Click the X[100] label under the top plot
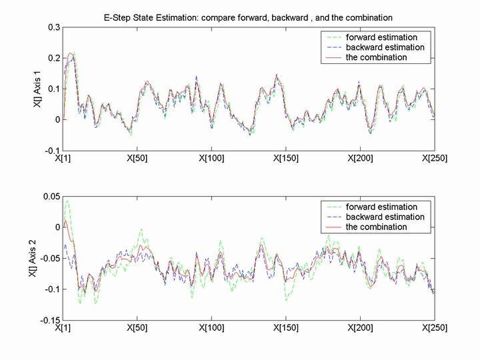click(211, 159)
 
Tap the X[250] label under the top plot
click(434, 159)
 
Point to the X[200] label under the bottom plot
click(360, 328)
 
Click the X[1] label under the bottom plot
click(65, 328)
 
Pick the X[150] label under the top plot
click(286, 159)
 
